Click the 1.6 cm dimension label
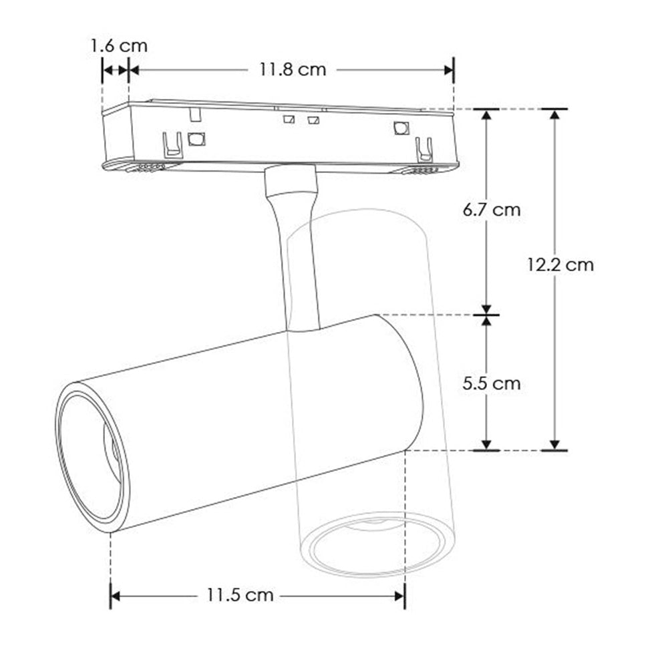pos(119,45)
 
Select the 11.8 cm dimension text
pos(293,69)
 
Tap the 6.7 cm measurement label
pos(492,210)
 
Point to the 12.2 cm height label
pos(560,265)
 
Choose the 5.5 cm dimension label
pos(492,383)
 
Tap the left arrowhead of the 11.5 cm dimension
pos(115,595)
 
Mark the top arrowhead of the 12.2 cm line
pos(554,115)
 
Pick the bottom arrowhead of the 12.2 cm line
pos(554,444)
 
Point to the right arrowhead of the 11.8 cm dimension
pos(449,69)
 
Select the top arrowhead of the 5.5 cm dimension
pos(487,321)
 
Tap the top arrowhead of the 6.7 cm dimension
pos(487,115)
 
